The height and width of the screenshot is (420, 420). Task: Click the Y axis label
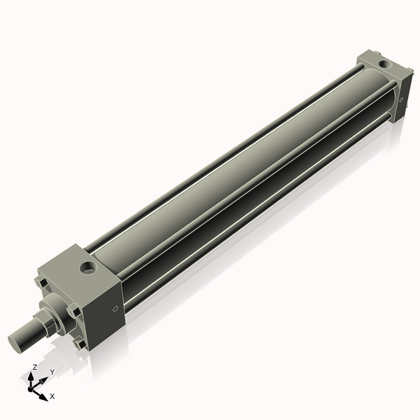coord(52,372)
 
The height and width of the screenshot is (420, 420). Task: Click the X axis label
coord(52,396)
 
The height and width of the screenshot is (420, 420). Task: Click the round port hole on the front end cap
coord(88,267)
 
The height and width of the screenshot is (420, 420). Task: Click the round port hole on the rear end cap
coord(384,64)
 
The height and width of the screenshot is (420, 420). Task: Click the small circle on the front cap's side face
coord(115,309)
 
